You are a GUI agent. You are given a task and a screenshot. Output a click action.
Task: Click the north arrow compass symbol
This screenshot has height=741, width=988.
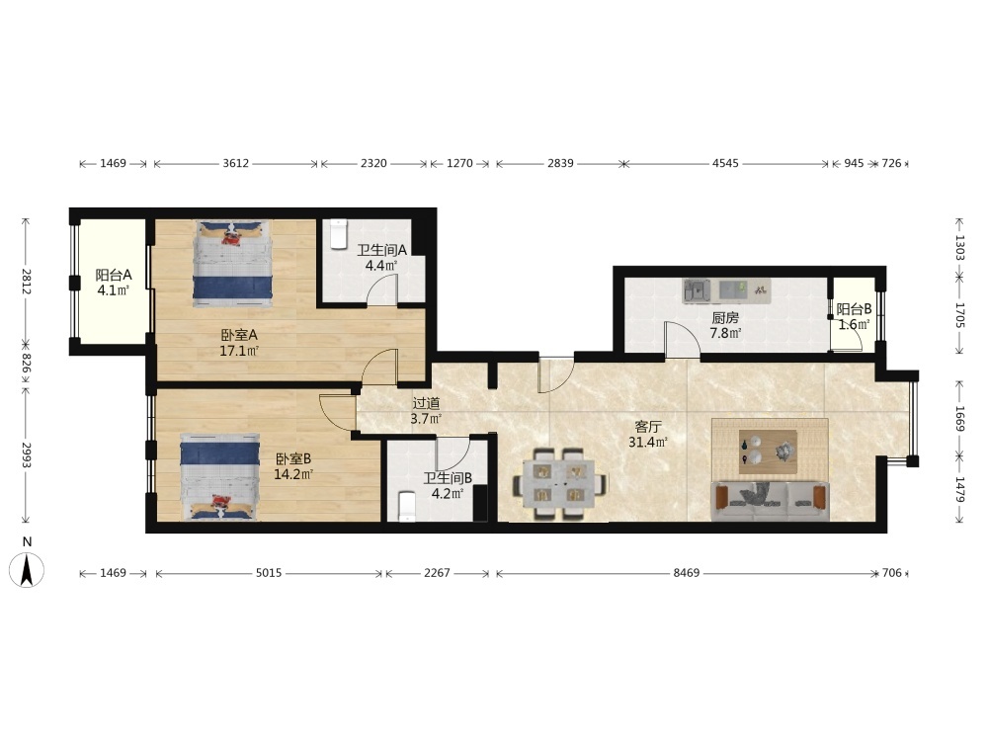[x=27, y=569]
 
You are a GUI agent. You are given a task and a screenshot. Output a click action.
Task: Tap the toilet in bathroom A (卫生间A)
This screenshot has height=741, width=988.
[x=339, y=234]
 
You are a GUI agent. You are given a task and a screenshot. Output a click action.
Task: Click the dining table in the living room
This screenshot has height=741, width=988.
[x=559, y=483]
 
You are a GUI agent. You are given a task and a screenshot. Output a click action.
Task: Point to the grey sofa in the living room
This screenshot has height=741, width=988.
[x=770, y=502]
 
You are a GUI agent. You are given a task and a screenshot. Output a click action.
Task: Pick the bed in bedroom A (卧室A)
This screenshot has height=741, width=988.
[x=233, y=264]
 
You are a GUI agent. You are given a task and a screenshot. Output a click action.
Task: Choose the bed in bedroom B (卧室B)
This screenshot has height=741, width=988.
[x=220, y=476]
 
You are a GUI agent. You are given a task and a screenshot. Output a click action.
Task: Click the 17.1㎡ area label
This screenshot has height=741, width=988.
[x=239, y=351]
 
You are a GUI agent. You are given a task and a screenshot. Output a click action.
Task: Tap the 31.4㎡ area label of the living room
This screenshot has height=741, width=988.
[x=648, y=443]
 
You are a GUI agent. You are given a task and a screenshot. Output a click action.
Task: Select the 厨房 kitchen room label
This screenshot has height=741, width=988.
[x=725, y=318]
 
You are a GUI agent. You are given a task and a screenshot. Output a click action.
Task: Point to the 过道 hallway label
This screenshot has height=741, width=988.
[x=426, y=403]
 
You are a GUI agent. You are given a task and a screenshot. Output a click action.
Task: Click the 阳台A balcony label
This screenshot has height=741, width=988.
[x=114, y=276]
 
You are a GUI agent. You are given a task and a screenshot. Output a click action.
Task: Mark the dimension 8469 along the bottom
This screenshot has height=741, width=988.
[x=687, y=573]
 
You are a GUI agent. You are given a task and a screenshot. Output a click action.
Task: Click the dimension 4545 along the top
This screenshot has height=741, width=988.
[x=725, y=163]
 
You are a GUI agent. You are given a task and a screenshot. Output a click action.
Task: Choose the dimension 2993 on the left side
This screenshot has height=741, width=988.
[x=26, y=454]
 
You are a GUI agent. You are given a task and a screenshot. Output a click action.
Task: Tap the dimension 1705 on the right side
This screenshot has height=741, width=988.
[x=959, y=315]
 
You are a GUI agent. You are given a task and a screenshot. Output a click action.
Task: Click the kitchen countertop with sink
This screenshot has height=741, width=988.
[x=726, y=291]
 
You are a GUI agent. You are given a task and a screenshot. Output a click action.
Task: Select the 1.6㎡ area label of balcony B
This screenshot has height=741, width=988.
[x=854, y=324]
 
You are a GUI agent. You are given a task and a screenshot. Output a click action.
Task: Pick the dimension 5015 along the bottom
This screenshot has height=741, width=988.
[x=269, y=573]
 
